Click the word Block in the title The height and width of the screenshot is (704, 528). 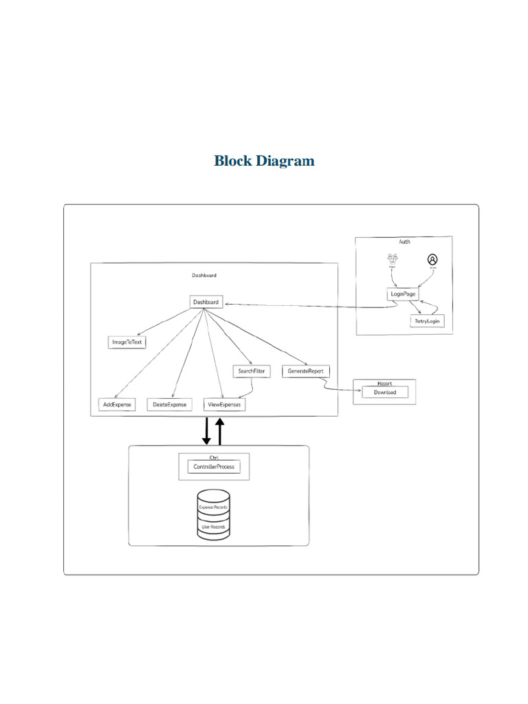point(232,161)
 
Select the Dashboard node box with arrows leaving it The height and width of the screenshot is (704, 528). point(206,302)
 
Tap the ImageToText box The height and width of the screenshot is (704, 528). point(128,342)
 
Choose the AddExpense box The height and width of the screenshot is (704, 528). point(116,405)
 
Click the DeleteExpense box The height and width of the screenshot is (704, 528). point(170,405)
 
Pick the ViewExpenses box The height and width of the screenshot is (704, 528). point(225,405)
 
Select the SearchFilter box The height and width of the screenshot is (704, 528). point(252,371)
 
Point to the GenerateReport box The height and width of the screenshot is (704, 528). point(305,371)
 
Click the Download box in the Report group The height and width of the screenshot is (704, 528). point(384,393)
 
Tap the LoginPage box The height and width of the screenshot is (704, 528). point(402,294)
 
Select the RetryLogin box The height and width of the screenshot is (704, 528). point(428,321)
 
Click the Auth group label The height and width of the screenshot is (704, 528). point(404,242)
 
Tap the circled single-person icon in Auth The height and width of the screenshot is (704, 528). point(432,260)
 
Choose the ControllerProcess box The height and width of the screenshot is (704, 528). point(214,467)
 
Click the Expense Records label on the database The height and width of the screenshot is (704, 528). point(213,507)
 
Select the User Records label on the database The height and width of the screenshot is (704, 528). point(213,527)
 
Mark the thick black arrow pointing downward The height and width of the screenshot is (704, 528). point(206,431)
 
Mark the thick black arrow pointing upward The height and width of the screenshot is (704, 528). point(220,431)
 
